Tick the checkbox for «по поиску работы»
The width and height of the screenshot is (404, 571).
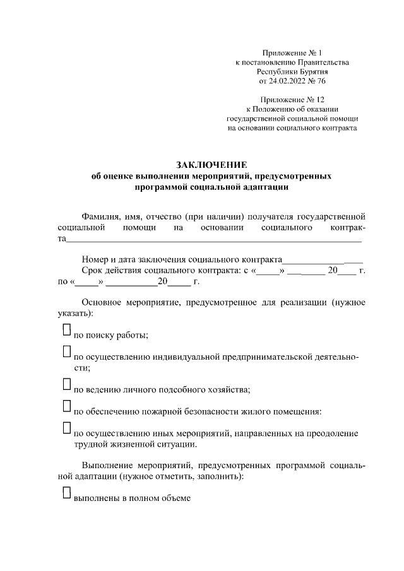(x=66, y=330)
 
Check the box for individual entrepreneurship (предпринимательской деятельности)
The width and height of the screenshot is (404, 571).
(x=66, y=351)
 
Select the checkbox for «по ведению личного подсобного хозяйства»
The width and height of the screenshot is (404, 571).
(x=66, y=383)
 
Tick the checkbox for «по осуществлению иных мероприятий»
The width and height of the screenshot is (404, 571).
(x=66, y=427)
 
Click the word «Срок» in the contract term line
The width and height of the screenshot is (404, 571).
(x=93, y=271)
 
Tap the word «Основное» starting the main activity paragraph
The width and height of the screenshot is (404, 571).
(x=102, y=302)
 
